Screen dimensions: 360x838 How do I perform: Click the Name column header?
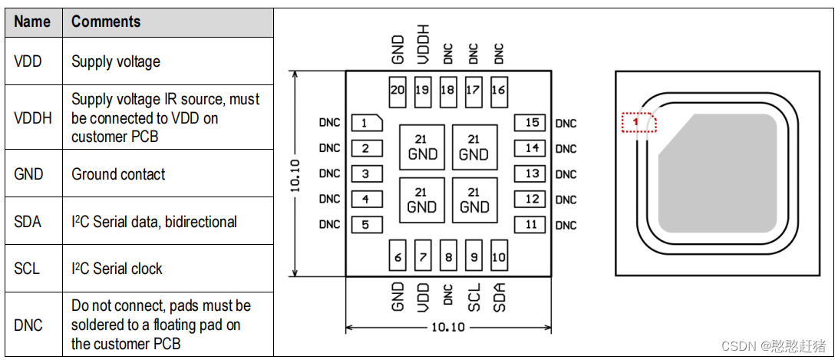[32, 21]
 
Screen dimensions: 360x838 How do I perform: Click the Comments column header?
[106, 21]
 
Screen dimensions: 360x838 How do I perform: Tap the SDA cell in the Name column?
[28, 222]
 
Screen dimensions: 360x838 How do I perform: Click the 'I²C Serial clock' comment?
[117, 269]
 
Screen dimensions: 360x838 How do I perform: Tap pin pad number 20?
[397, 90]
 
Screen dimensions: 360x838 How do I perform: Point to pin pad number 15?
[531, 123]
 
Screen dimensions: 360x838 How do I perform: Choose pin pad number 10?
[498, 257]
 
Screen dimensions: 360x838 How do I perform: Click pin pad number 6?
[397, 257]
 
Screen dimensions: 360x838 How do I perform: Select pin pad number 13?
[531, 173]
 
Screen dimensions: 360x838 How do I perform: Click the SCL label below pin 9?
[473, 296]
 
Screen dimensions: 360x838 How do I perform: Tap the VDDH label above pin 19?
[423, 44]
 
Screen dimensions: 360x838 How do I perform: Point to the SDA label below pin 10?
[499, 296]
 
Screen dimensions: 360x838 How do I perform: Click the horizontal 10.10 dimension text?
[448, 327]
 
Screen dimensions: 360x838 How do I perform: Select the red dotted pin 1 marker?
[638, 122]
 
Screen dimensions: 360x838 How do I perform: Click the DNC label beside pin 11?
[566, 225]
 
